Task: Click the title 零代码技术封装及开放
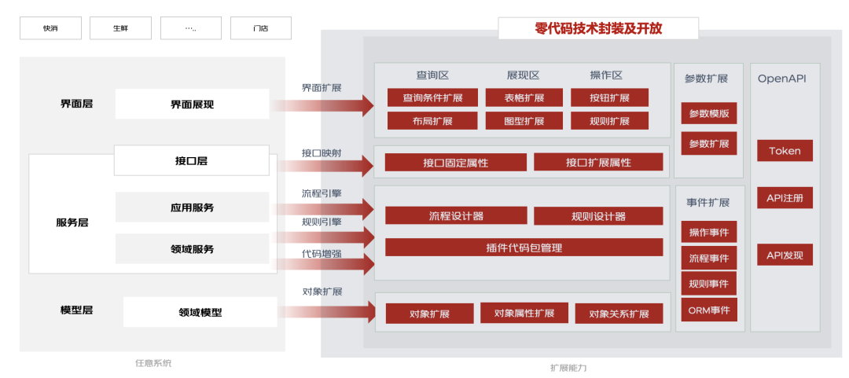click(598, 28)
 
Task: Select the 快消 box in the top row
click(50, 28)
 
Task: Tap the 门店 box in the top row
click(260, 28)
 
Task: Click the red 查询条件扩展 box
click(432, 98)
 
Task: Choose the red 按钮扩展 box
click(610, 98)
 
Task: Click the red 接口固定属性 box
click(455, 163)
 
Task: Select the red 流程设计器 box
click(456, 216)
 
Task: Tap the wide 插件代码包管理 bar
click(524, 248)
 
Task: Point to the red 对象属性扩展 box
click(524, 313)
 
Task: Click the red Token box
click(785, 151)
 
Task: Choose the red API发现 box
click(785, 255)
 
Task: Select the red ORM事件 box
click(709, 310)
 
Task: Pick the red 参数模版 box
click(709, 113)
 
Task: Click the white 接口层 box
click(192, 161)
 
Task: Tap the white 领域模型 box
click(200, 312)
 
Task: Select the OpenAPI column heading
click(781, 79)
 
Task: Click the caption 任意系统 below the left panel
click(153, 363)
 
